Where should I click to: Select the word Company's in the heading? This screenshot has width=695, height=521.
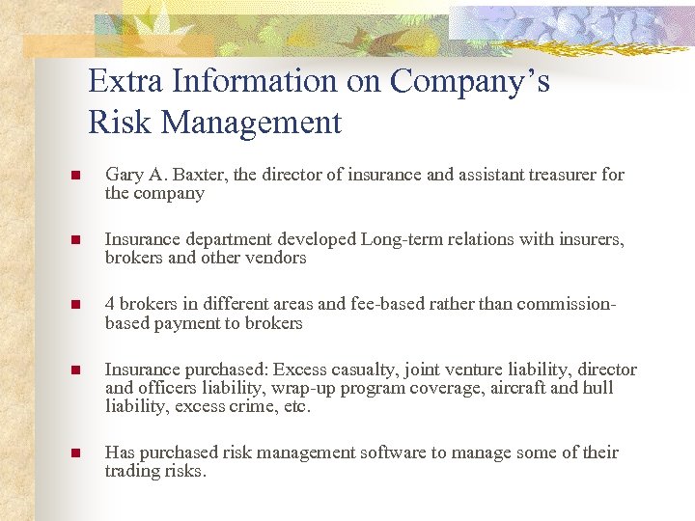469,82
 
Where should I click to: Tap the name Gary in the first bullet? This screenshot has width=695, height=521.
123,175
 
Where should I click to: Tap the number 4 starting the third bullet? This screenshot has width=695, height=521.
110,304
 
